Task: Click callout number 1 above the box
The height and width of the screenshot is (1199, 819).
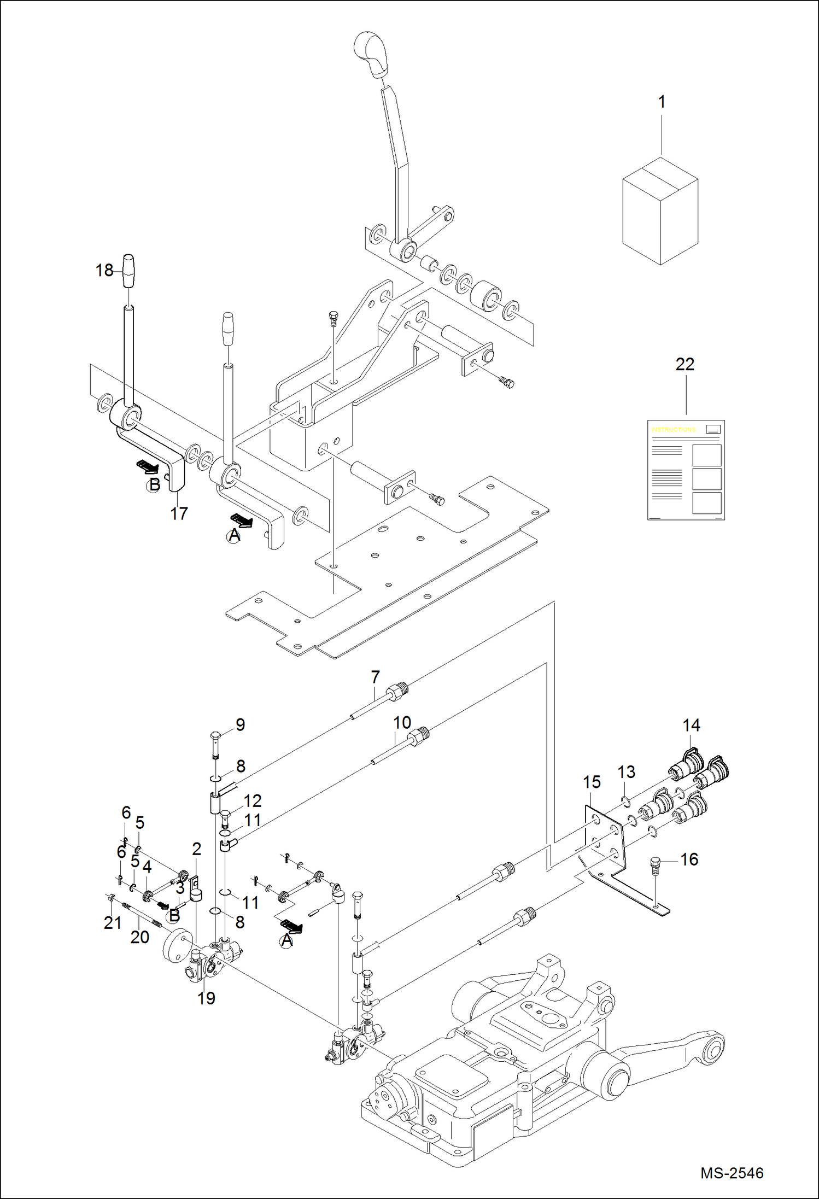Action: click(662, 102)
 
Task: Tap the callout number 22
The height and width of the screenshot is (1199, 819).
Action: click(685, 364)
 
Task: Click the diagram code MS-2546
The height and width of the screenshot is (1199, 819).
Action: click(732, 1172)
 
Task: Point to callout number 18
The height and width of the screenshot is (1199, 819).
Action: click(104, 270)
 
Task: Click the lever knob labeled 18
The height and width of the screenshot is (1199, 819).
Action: click(128, 270)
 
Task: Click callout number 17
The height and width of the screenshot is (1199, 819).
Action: click(179, 513)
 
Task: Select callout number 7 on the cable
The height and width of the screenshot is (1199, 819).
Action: click(375, 677)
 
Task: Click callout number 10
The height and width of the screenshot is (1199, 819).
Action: click(402, 722)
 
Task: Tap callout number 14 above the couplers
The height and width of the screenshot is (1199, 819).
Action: click(691, 725)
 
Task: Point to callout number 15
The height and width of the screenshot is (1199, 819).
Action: click(592, 782)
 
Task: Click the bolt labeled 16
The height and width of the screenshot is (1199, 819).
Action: click(656, 864)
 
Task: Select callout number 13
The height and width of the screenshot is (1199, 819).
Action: click(626, 771)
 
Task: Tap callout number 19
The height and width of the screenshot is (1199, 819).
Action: click(206, 998)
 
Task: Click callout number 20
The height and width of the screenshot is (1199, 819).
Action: click(139, 937)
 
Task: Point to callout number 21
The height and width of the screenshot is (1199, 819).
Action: click(112, 922)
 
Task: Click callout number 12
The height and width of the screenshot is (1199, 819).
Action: click(252, 800)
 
